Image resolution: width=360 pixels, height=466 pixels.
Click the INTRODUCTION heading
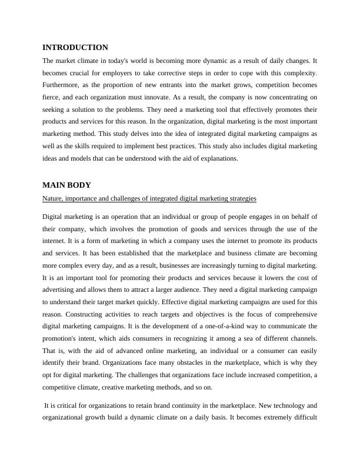click(75, 48)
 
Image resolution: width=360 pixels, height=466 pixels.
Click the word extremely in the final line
click(270, 419)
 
